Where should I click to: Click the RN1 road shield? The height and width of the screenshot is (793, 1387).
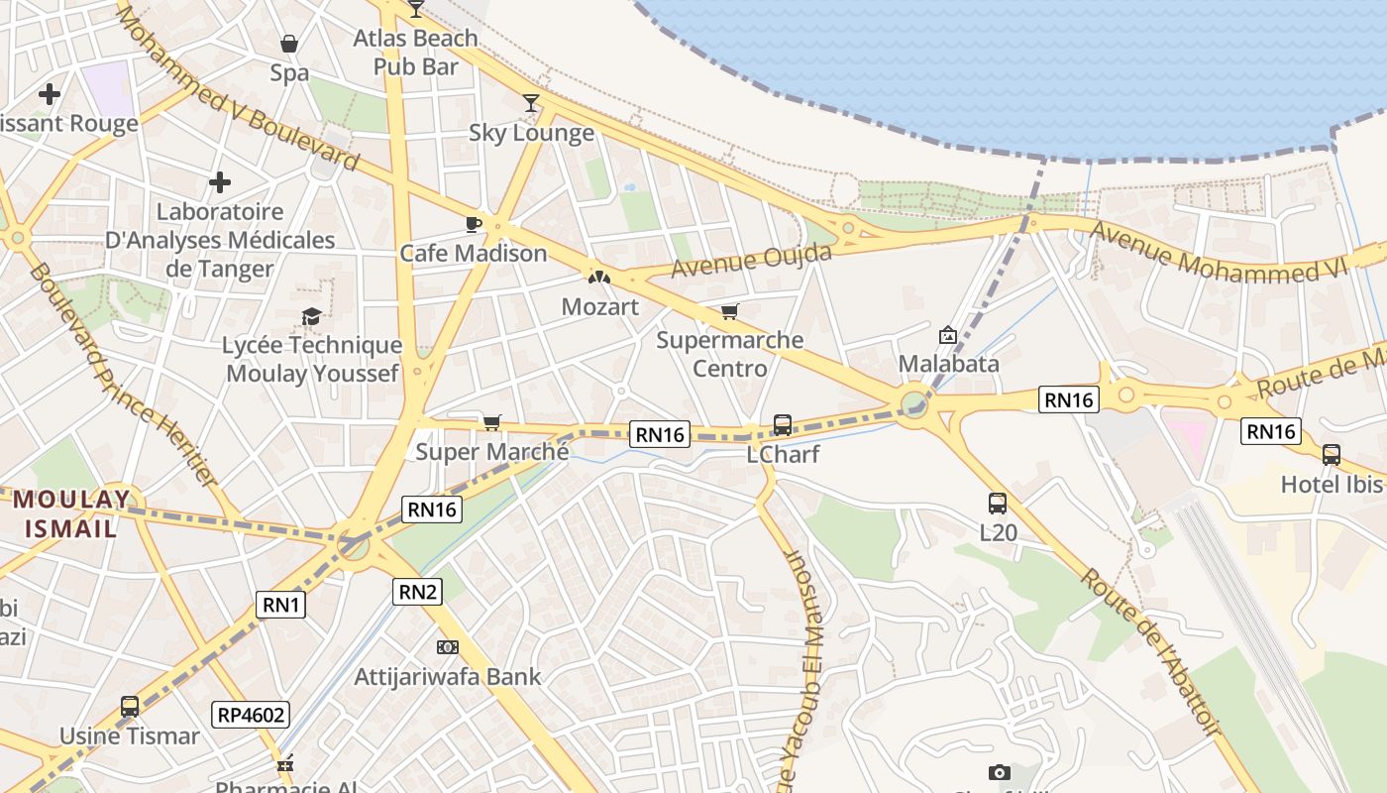pos(281,604)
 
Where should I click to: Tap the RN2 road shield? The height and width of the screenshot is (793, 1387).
pos(417,592)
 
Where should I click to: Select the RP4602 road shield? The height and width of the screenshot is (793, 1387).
pos(250,715)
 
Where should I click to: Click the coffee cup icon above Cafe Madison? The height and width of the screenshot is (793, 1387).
pos(474,223)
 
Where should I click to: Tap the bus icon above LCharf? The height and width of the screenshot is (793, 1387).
pos(782,425)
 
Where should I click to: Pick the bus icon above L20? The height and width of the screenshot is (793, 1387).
pos(997,503)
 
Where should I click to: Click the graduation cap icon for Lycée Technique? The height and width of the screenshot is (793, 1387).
pos(311,316)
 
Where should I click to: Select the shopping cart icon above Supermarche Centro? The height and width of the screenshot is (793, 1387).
pos(730,312)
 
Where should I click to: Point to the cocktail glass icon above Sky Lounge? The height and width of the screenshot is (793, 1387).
pos(531,102)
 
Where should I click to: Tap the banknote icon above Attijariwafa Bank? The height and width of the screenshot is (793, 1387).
pos(448,647)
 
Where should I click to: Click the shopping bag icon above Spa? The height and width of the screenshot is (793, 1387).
pos(289,44)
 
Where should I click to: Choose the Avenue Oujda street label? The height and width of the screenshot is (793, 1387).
pos(751,260)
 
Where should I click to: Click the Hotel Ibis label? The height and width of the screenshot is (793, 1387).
pos(1331,484)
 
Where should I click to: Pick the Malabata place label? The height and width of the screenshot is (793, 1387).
pos(948,363)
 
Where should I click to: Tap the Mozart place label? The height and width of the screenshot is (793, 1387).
pos(599,306)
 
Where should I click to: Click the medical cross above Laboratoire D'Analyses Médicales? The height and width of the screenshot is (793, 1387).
pos(220,182)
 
